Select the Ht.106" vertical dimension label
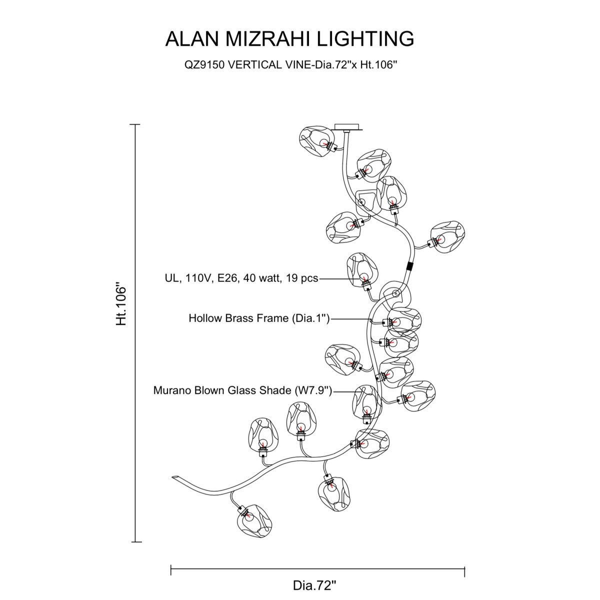point(121,304)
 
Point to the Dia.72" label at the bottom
point(314,585)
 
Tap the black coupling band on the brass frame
point(410,266)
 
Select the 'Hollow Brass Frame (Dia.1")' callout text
point(259,318)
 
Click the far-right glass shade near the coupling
point(447,237)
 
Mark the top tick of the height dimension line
point(135,124)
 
